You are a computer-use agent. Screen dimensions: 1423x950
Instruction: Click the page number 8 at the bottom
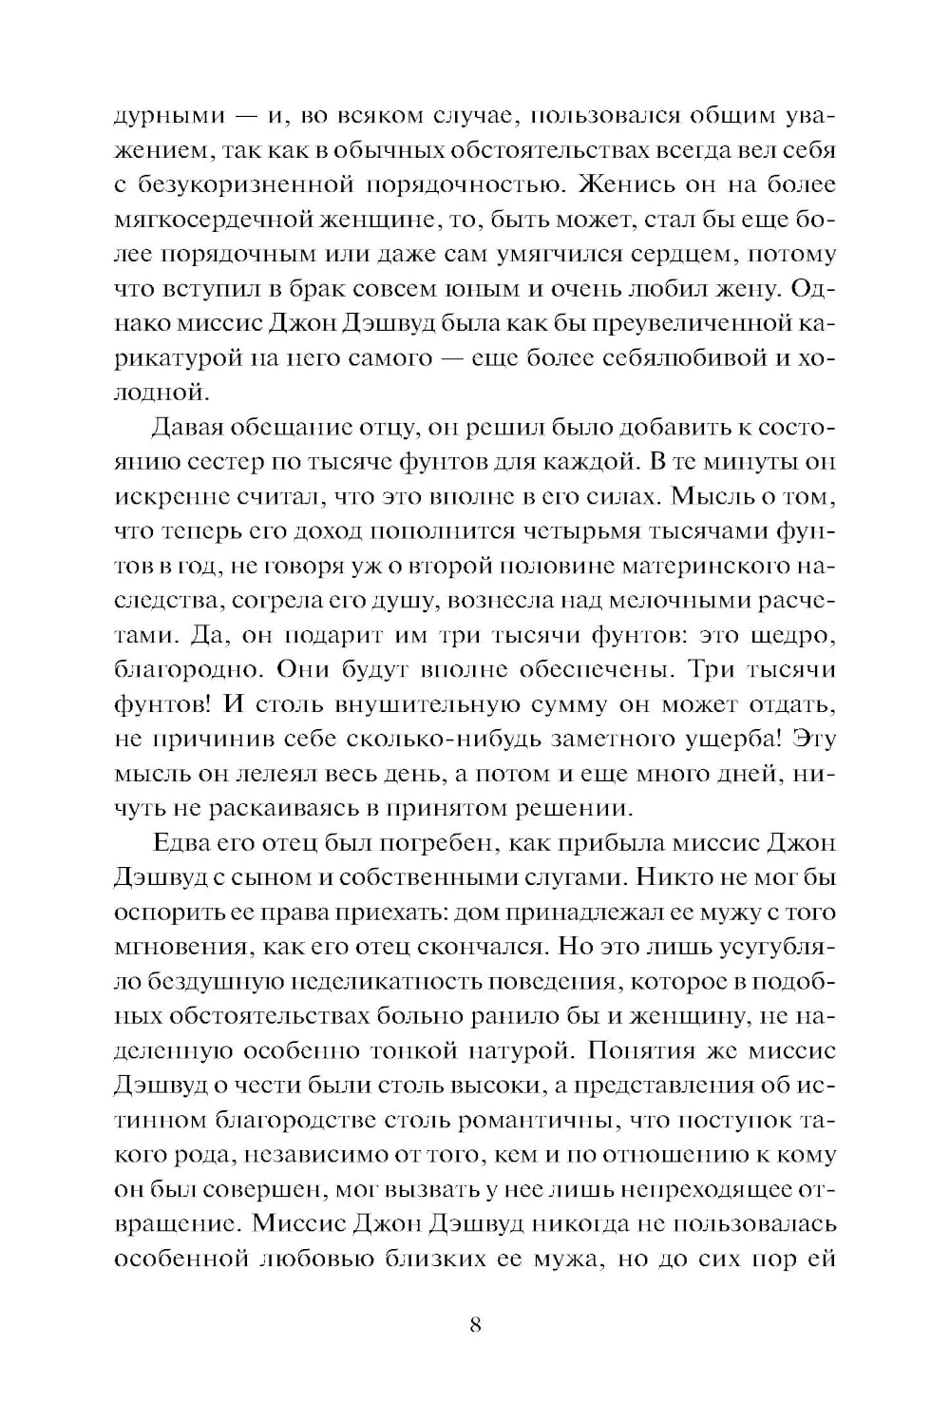coord(475,1324)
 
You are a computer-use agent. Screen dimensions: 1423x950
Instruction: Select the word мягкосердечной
coord(217,221)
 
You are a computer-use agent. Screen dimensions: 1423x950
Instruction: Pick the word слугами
coord(551,877)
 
